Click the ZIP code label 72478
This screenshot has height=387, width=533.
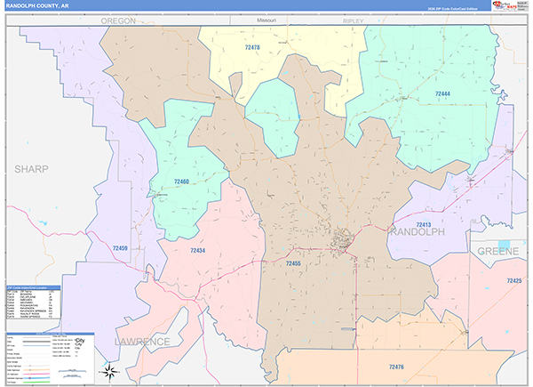tap(229, 46)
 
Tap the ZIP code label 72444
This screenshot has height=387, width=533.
tap(442, 93)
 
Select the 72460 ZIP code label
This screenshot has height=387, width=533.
tap(180, 181)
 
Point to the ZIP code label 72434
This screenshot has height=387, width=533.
tap(198, 251)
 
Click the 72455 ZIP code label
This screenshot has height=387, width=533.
tap(294, 263)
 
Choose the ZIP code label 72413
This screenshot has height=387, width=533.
tap(423, 225)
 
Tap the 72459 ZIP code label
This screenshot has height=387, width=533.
tap(120, 248)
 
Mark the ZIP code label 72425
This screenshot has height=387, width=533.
tap(514, 281)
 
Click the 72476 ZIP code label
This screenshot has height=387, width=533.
tap(396, 366)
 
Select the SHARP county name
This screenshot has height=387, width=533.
tap(30, 167)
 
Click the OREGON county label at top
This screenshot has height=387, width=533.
tap(117, 19)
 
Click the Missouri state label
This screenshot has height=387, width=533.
tap(266, 19)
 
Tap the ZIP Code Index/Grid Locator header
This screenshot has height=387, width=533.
tap(33, 288)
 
